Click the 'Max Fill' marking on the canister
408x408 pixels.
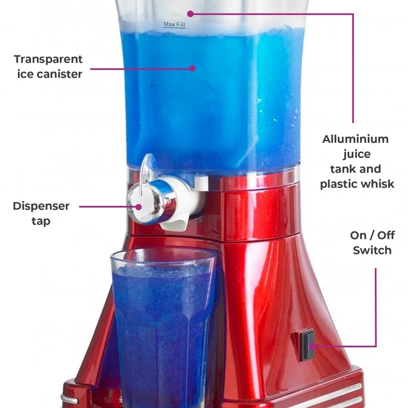click(174, 25)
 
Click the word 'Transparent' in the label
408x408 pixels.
click(48, 59)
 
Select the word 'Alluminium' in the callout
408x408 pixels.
click(355, 139)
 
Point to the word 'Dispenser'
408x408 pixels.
click(41, 207)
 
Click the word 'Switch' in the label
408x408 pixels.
click(372, 251)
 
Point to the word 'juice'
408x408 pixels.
click(356, 154)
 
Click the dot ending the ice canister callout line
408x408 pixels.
click(193, 67)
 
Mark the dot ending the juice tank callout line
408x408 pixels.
click(189, 13)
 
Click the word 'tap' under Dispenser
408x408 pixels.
click(41, 222)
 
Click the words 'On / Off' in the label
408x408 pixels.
click(372, 235)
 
